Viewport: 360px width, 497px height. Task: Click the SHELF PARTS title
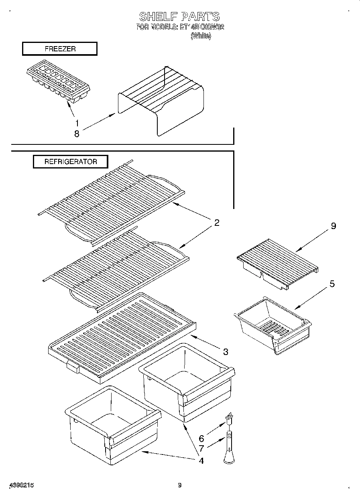point(179,16)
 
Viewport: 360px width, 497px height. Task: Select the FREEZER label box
point(60,49)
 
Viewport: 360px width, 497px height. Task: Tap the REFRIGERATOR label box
point(71,162)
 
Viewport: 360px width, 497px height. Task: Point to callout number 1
point(77,124)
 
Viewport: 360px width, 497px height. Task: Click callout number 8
point(77,134)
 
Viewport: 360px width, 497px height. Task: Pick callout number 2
point(217,223)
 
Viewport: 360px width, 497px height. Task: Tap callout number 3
point(226,352)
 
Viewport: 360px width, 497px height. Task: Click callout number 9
point(333,226)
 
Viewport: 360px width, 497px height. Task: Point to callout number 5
point(332,284)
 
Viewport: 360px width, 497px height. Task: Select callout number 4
point(201,460)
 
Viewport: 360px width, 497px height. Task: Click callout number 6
point(201,439)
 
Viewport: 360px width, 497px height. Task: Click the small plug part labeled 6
point(230,419)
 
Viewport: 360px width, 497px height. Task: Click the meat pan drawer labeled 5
point(273,325)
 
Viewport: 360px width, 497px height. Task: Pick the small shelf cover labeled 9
point(277,263)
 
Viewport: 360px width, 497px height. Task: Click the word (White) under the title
point(201,36)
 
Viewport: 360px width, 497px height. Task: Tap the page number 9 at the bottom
point(180,485)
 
